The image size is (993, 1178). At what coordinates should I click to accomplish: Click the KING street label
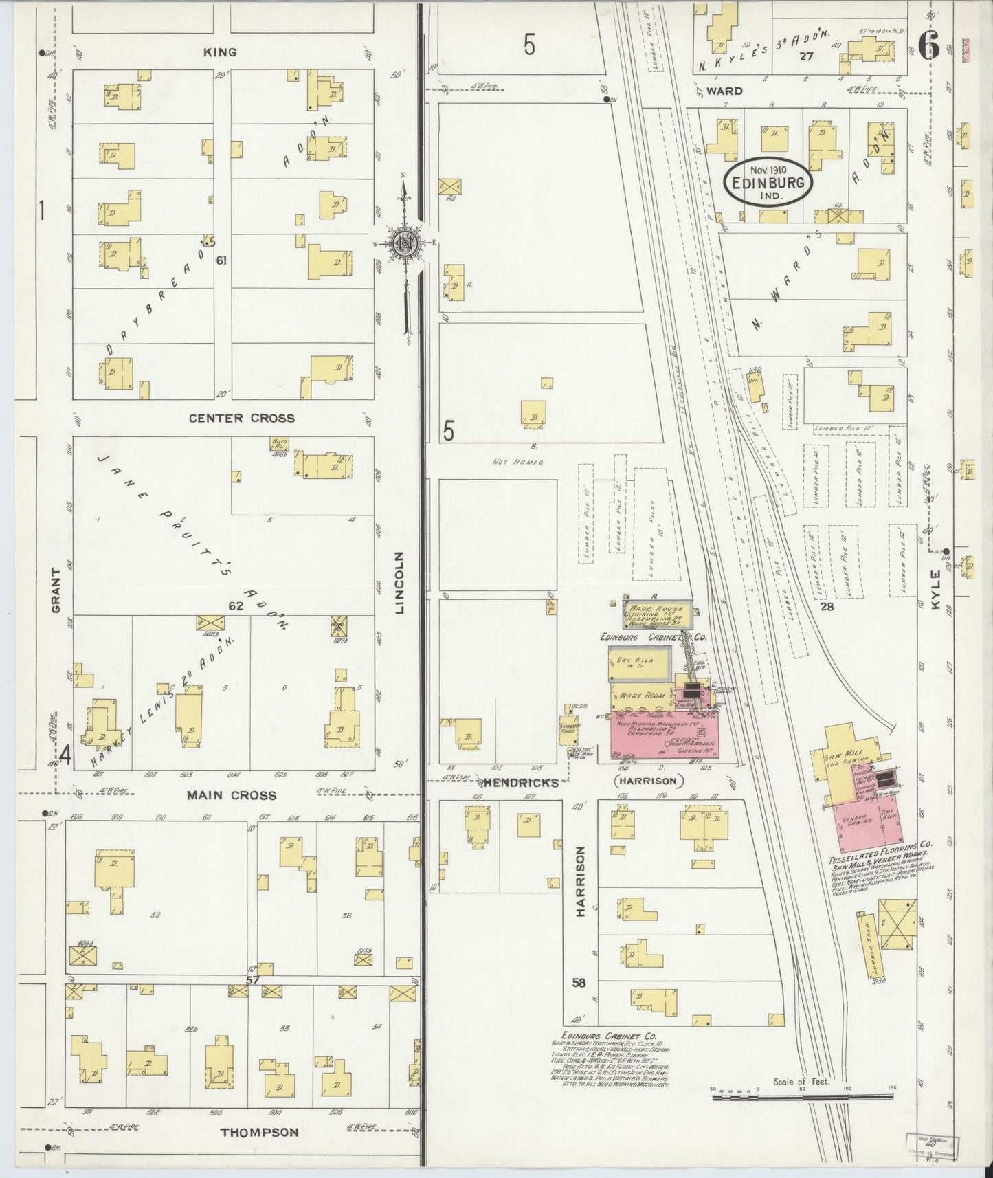click(x=220, y=52)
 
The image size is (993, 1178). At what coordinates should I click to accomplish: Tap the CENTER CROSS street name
click(x=242, y=418)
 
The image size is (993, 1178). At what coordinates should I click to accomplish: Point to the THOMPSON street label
click(x=259, y=1133)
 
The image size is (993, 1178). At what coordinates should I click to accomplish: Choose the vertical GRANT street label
click(x=57, y=590)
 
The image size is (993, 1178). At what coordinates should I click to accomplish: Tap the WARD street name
click(x=724, y=91)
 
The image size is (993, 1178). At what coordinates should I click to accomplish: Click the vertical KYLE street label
click(x=935, y=589)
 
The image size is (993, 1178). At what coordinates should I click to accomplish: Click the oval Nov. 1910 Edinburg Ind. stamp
click(x=768, y=181)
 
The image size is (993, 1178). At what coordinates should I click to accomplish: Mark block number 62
click(x=236, y=606)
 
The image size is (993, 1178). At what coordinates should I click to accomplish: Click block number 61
click(x=221, y=260)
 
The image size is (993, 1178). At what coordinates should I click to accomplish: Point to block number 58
click(x=579, y=983)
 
